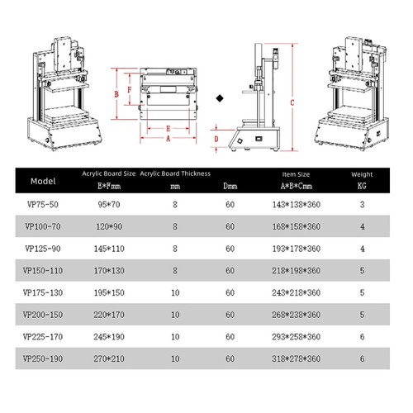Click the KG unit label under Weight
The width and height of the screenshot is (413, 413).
click(x=362, y=187)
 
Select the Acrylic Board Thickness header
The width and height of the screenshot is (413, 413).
click(x=175, y=173)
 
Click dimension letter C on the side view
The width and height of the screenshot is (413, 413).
click(x=292, y=102)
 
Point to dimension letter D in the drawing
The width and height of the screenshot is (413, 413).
click(x=216, y=140)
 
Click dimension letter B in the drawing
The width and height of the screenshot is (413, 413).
click(x=116, y=95)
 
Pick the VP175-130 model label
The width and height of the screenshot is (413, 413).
click(x=42, y=292)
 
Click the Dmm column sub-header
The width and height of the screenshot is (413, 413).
click(x=229, y=188)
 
